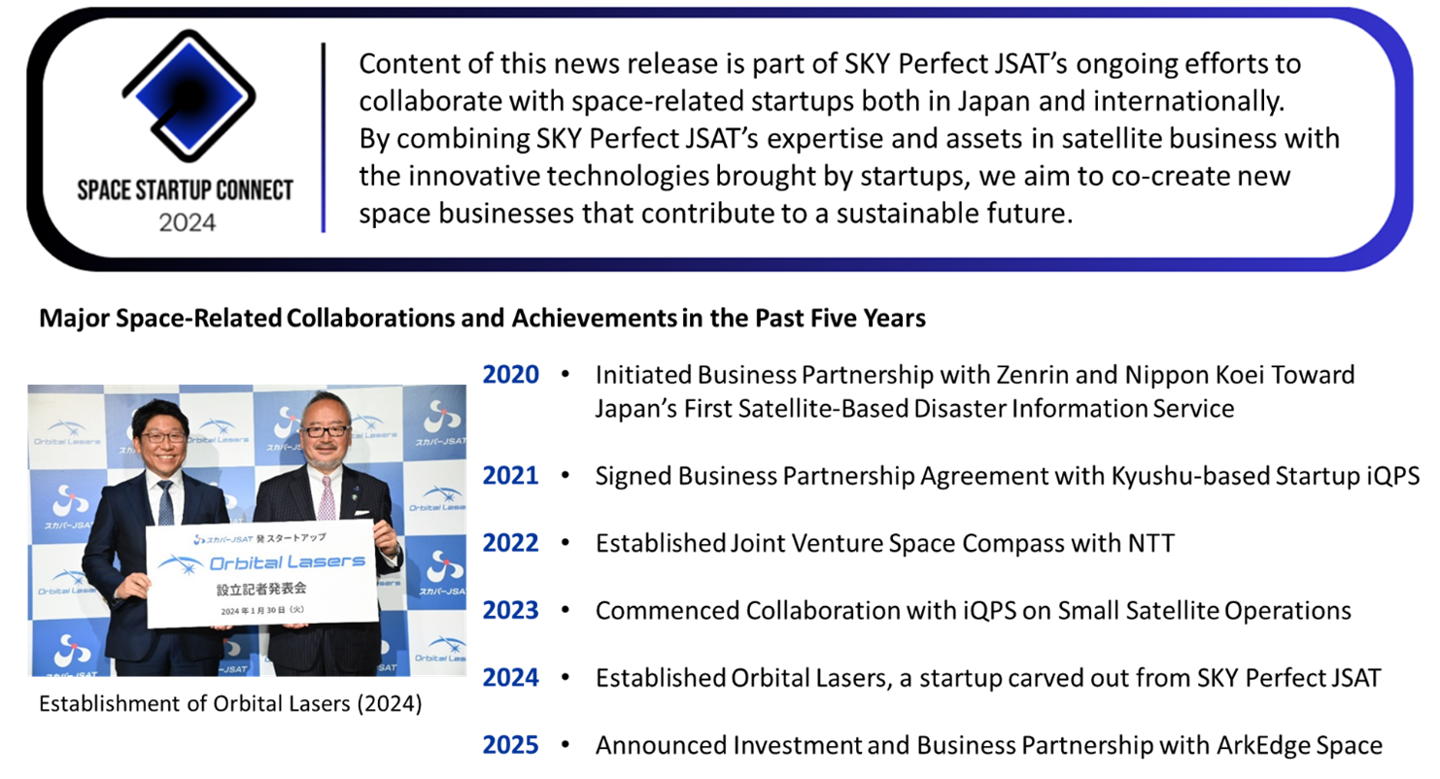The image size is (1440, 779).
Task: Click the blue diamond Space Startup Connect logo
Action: click(189, 96)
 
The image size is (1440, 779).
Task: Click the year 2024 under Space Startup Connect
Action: click(188, 222)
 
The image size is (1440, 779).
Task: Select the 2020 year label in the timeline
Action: click(510, 374)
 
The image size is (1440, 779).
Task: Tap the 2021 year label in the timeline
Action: click(510, 475)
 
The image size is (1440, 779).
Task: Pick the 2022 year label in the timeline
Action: click(510, 542)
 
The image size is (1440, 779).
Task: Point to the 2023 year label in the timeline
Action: click(510, 610)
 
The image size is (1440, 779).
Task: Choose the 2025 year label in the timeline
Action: click(510, 744)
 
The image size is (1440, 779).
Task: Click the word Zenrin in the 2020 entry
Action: click(1033, 375)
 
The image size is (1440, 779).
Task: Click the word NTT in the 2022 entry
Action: click(1150, 543)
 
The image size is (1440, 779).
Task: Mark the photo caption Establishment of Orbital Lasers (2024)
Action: click(230, 704)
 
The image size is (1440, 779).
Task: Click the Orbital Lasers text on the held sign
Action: click(287, 562)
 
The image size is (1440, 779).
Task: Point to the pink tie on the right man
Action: click(327, 498)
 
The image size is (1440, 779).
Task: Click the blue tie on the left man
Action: click(166, 503)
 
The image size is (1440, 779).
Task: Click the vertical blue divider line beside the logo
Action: click(324, 138)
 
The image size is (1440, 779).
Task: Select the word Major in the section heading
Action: click(75, 319)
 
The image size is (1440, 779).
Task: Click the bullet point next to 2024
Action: click(566, 677)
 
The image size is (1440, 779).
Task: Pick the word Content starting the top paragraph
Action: click(409, 64)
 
